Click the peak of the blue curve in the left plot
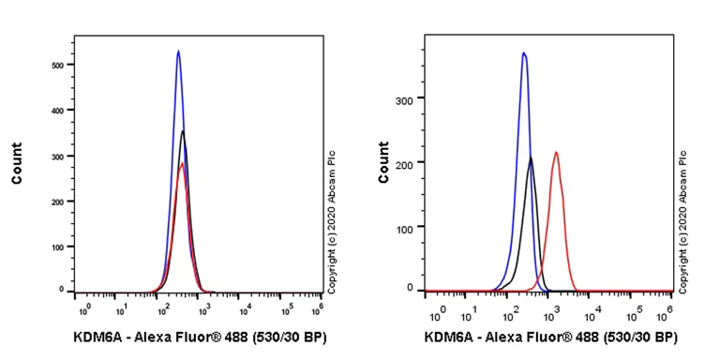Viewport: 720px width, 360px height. (178, 52)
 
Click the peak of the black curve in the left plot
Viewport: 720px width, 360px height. (183, 131)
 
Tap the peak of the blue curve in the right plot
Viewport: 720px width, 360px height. (524, 52)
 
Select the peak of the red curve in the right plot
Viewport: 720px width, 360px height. (556, 152)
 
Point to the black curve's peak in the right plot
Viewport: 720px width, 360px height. (531, 157)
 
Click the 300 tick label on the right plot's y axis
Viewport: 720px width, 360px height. (409, 97)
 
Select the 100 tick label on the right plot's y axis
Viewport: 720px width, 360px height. (409, 228)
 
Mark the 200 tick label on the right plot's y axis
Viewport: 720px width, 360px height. (409, 162)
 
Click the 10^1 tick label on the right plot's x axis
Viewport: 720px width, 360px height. (475, 308)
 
